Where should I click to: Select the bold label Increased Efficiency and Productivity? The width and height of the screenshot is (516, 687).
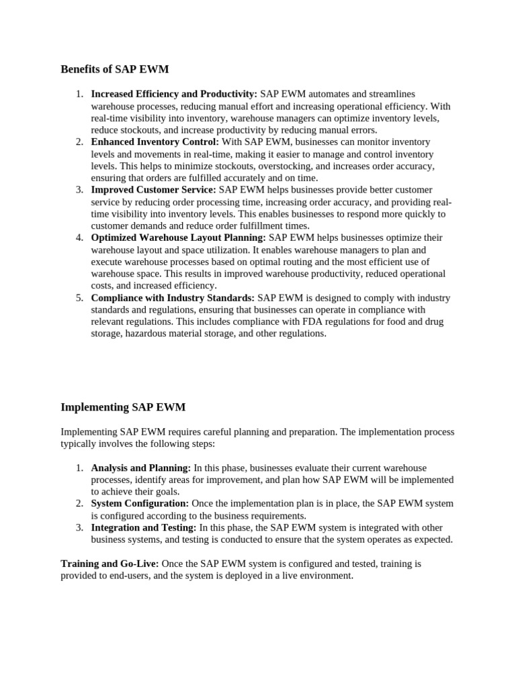[174, 95]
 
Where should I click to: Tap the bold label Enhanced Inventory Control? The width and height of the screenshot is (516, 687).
[155, 142]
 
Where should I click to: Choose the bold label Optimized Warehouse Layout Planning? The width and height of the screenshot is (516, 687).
[178, 237]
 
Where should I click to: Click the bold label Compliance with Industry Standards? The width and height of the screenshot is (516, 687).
[173, 298]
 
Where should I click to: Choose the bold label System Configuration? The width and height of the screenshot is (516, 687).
[140, 503]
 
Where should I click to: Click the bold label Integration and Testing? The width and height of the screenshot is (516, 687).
[144, 528]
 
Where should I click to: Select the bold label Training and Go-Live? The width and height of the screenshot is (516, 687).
[110, 564]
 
